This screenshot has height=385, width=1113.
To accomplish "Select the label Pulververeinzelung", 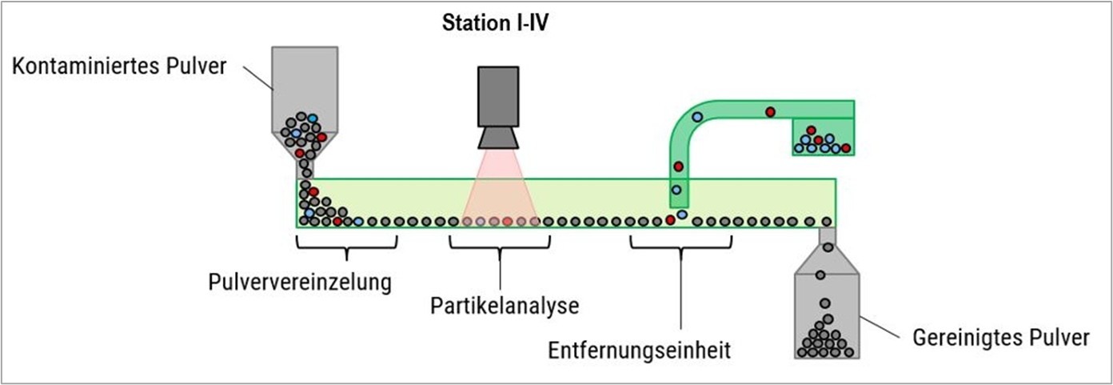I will coord(299,282).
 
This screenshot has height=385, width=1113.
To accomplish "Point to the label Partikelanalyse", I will coord(504,305).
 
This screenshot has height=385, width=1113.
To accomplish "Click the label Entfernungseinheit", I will coord(640,350).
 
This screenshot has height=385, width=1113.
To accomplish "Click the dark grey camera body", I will coord(499,96).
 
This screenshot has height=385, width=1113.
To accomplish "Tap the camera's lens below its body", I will coord(499,138).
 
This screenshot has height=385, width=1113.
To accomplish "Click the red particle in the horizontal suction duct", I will coord(770,112).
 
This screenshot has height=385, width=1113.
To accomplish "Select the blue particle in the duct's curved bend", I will coord(697,117).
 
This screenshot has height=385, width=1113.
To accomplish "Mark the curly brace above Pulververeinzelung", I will coord(346,247).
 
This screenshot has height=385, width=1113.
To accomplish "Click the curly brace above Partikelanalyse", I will coord(501,247).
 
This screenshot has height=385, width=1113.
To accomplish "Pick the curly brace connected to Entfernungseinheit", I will coord(681,247).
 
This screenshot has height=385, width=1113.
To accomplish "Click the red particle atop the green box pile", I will coord(811,130).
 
